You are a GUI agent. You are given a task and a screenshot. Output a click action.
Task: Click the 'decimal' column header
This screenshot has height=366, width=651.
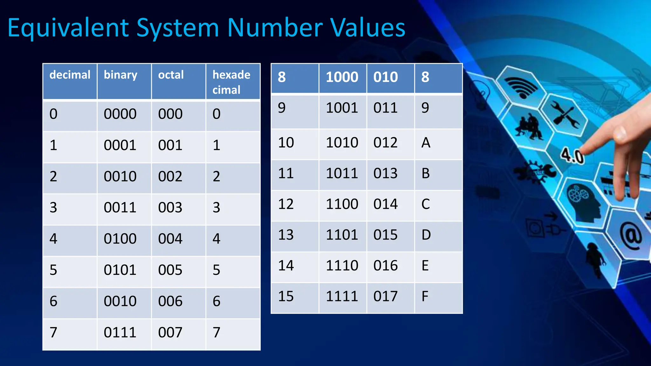tap(70, 75)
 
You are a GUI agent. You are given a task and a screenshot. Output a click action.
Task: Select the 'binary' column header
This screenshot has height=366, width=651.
tap(120, 75)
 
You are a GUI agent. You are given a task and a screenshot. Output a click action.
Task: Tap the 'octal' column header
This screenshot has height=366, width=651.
tap(171, 75)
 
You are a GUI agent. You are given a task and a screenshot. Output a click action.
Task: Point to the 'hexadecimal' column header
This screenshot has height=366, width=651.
tap(231, 82)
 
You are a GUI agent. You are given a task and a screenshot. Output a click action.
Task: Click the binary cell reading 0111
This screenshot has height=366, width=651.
tap(120, 332)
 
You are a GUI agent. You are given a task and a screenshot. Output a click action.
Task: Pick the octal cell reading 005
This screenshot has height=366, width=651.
tap(170, 270)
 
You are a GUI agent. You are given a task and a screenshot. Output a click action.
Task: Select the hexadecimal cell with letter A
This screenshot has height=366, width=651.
tap(426, 143)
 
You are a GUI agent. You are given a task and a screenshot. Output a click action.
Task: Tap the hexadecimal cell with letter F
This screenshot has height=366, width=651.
tap(425, 296)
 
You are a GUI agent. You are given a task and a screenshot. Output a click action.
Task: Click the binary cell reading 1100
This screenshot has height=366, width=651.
tap(342, 204)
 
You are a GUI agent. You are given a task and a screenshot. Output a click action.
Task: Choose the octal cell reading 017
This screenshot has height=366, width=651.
tap(385, 296)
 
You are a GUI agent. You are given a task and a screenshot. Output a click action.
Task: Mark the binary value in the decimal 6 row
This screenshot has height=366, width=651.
tap(120, 301)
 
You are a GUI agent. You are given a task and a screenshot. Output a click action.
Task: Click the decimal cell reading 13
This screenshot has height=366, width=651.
tap(286, 235)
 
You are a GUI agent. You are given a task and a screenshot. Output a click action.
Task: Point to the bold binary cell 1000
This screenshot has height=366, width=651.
tap(342, 77)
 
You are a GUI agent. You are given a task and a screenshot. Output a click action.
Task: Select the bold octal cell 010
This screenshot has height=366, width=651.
tap(385, 77)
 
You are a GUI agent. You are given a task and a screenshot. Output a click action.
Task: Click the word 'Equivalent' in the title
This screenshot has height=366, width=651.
tap(68, 28)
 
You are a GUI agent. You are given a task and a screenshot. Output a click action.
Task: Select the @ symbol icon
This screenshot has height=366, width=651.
tap(631, 237)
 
